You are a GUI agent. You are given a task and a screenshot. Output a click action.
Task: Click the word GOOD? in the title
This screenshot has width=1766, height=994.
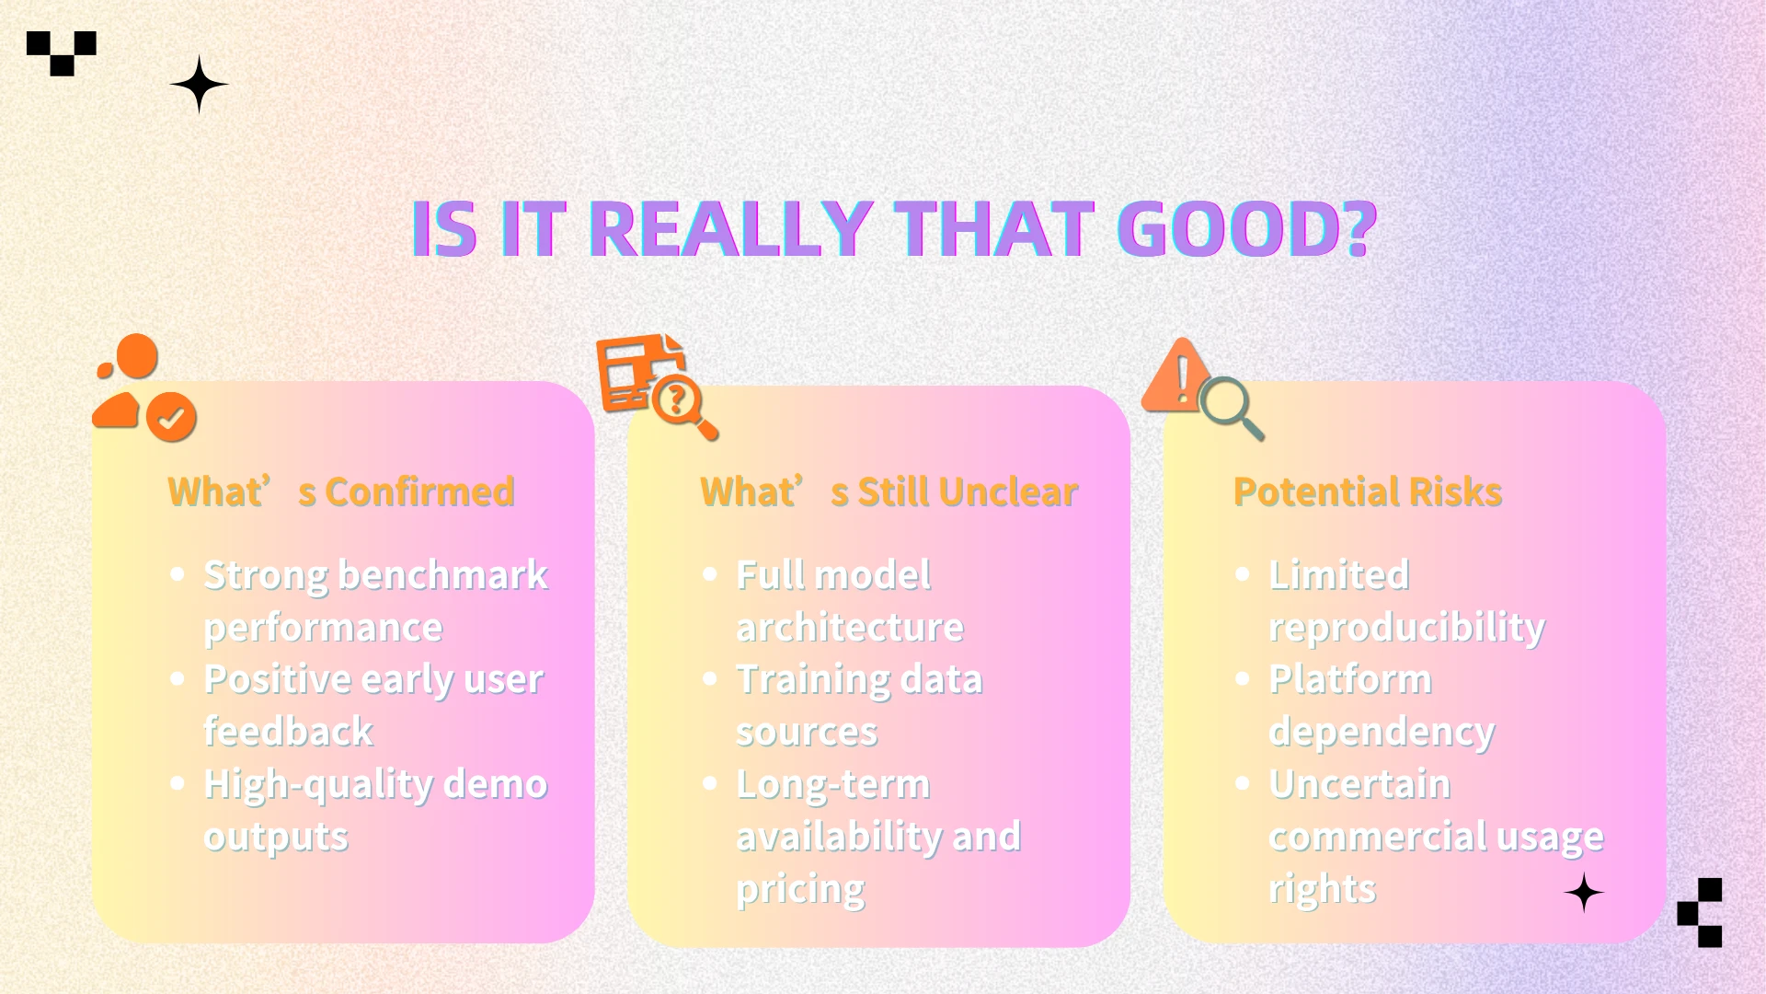click(x=1246, y=228)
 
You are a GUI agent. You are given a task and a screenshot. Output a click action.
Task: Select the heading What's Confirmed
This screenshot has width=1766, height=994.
click(x=341, y=491)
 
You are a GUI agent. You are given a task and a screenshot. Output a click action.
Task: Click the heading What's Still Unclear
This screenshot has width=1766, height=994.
click(x=889, y=491)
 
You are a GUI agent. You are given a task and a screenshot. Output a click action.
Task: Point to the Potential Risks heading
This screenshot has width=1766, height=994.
click(x=1368, y=491)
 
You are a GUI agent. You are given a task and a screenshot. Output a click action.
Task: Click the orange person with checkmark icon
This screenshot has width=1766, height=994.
click(x=143, y=387)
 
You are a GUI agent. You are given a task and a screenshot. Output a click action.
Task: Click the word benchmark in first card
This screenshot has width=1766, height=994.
click(x=443, y=575)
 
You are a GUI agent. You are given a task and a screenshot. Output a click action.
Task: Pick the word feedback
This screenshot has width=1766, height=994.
click(x=289, y=732)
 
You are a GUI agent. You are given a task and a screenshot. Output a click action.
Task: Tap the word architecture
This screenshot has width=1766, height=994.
click(x=850, y=628)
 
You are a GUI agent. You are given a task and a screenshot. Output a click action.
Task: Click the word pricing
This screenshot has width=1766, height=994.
click(x=800, y=890)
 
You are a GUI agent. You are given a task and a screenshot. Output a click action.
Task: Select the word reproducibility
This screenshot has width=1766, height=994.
click(x=1406, y=628)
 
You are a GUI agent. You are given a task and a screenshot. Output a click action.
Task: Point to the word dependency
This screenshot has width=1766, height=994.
click(x=1382, y=733)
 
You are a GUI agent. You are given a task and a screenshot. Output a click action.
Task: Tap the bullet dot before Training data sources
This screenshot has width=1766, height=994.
click(x=710, y=679)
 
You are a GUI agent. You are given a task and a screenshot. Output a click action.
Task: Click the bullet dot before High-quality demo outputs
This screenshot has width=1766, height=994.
click(x=178, y=784)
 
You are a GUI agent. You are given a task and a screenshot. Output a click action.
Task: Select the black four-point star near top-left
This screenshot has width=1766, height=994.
click(x=200, y=85)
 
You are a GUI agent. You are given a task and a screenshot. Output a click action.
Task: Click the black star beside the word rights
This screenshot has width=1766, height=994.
click(x=1584, y=894)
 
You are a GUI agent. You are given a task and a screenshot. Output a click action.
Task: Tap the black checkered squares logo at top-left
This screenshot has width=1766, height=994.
click(x=62, y=53)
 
